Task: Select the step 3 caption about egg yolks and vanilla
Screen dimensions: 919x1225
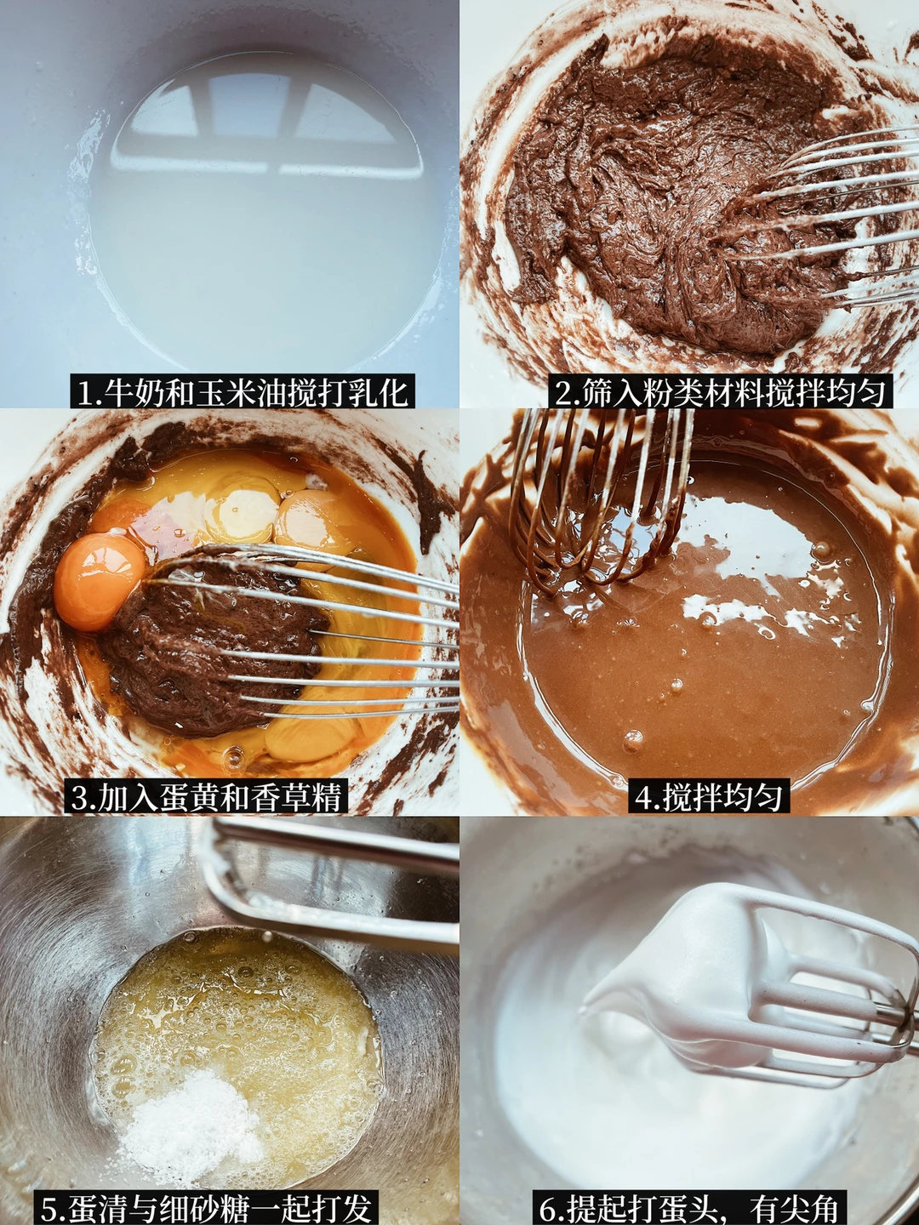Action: (x=206, y=797)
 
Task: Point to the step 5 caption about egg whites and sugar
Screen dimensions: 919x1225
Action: (x=206, y=1205)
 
